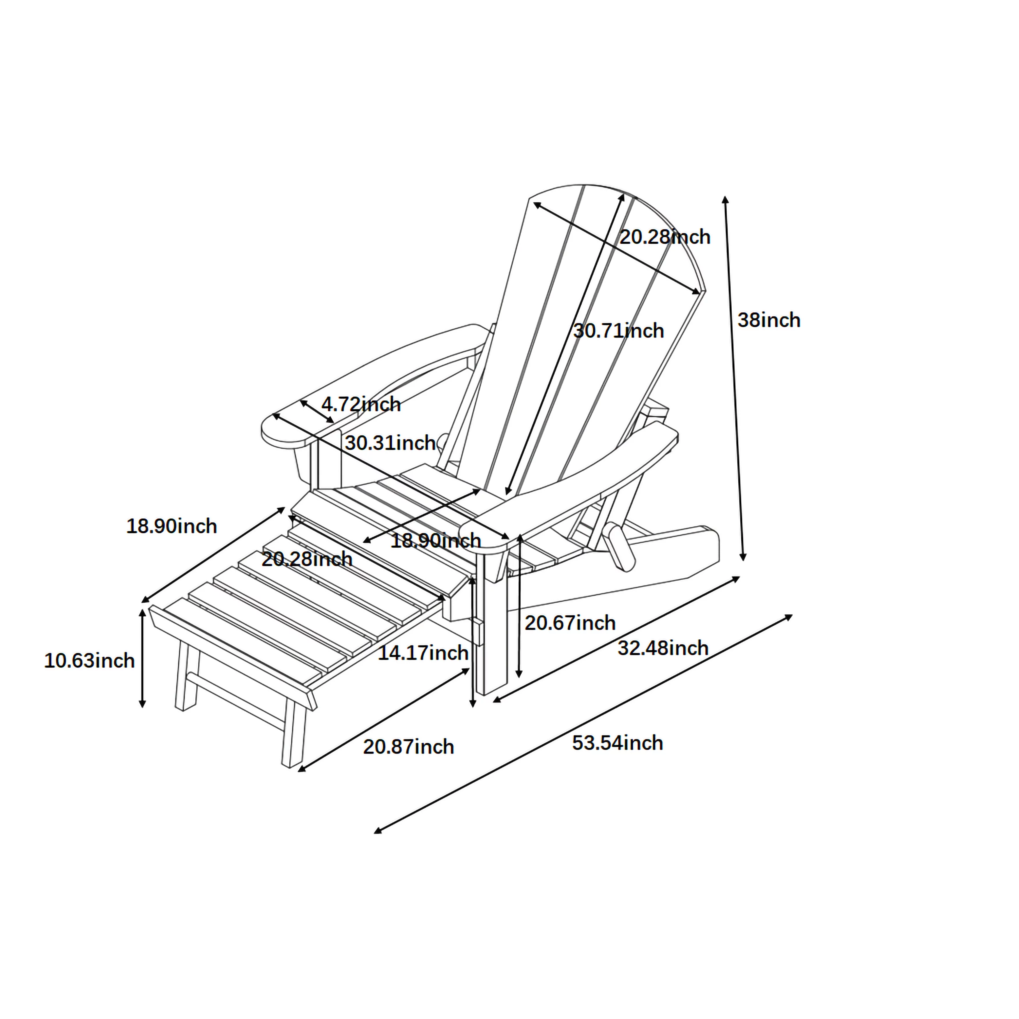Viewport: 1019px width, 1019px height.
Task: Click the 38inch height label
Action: (x=768, y=320)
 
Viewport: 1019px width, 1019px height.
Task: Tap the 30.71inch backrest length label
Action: (x=619, y=331)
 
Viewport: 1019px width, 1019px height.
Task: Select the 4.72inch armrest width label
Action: (x=361, y=404)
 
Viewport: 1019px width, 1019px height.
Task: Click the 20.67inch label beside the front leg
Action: (x=570, y=623)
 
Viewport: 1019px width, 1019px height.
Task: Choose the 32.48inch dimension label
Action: (x=663, y=648)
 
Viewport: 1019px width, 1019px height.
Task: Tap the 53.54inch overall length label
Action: (x=618, y=743)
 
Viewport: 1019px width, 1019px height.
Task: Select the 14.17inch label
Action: (x=423, y=653)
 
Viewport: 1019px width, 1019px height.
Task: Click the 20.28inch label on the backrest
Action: (x=665, y=237)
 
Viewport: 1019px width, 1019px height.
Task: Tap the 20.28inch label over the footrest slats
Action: (x=307, y=559)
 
